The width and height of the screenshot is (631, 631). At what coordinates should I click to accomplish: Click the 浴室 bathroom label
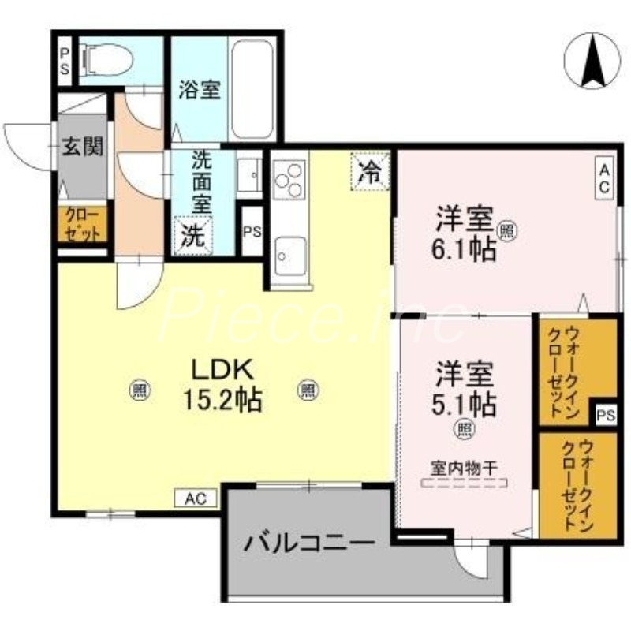coord(199,90)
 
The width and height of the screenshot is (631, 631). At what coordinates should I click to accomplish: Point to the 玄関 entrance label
coord(82,147)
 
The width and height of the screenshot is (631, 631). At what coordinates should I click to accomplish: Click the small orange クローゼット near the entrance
coord(82,224)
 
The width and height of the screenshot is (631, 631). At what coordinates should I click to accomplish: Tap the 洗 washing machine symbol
coord(192,234)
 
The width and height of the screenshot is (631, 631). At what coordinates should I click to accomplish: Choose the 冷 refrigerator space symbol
coord(369,170)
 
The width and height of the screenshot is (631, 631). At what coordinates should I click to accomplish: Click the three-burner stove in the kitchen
coord(289,180)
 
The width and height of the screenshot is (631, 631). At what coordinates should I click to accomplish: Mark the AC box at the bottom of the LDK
coord(195,498)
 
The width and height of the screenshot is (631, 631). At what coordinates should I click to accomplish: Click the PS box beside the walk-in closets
coord(605,416)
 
